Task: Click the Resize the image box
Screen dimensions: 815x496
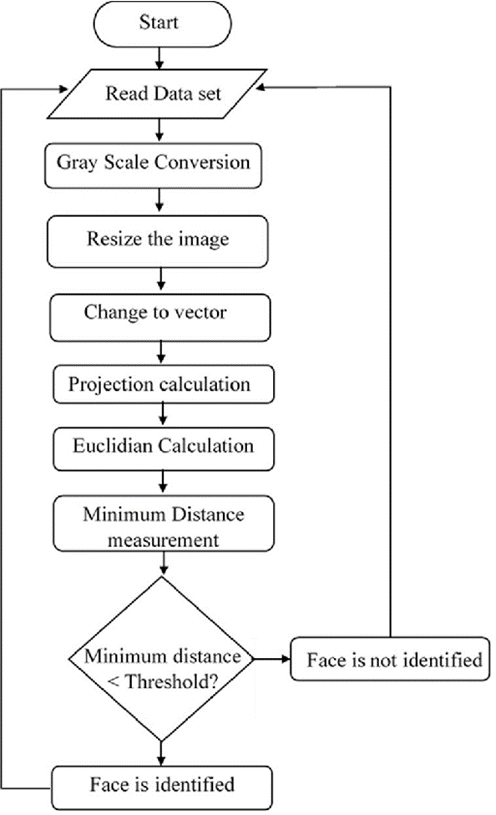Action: [158, 239]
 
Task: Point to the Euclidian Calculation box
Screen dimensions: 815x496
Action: [163, 448]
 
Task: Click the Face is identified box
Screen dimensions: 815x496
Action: [161, 785]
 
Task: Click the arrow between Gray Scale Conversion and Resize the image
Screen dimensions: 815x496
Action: [158, 200]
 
